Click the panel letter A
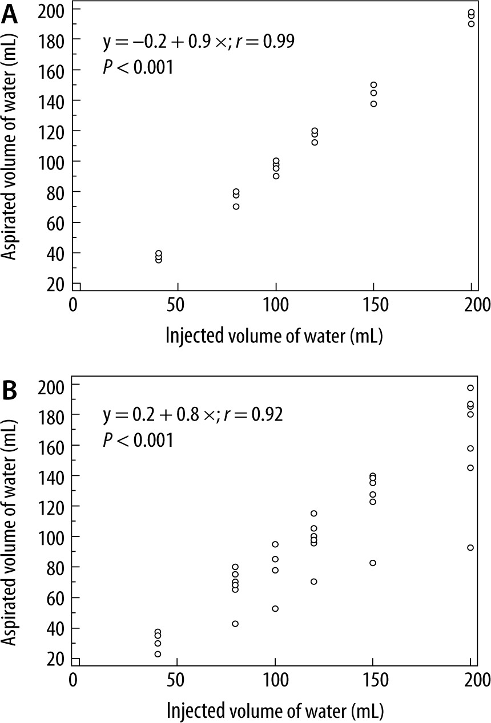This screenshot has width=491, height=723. (10, 14)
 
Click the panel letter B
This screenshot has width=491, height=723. (10, 391)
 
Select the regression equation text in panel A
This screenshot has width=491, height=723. (199, 42)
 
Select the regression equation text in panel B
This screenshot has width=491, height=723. (193, 414)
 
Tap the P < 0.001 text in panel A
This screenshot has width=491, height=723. (137, 68)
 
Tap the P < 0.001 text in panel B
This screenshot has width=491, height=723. (137, 441)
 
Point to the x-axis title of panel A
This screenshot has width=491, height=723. (273, 335)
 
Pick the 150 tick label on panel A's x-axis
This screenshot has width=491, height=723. (373, 305)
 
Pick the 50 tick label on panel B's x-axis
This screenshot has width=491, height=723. (177, 680)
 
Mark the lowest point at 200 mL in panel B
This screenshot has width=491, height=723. (470, 547)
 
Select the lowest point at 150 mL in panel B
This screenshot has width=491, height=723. (373, 563)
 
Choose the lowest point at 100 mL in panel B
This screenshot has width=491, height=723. (275, 609)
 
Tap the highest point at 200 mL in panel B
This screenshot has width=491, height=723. (470, 387)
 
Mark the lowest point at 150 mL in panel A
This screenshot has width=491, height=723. (373, 104)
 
